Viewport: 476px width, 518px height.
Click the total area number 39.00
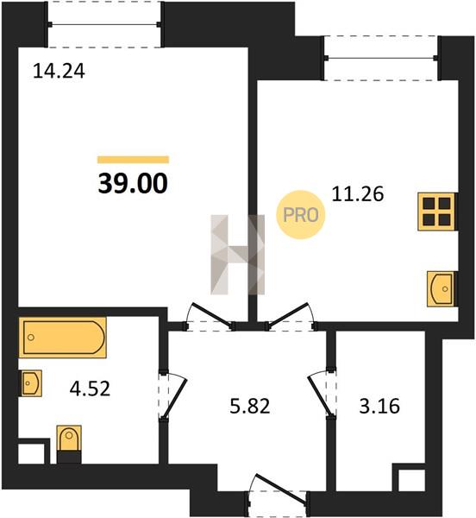pyautogui.click(x=133, y=183)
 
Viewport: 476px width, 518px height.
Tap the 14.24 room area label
pyautogui.click(x=59, y=71)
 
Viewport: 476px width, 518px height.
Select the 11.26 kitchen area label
pyautogui.click(x=358, y=194)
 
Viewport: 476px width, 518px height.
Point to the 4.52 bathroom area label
pyautogui.click(x=90, y=388)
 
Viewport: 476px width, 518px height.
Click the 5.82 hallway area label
pyautogui.click(x=250, y=406)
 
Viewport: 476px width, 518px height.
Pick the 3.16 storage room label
pyautogui.click(x=379, y=406)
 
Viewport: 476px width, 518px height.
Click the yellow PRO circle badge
pyautogui.click(x=300, y=215)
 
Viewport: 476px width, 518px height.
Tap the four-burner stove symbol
pyautogui.click(x=436, y=212)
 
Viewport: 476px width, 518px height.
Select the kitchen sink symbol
pyautogui.click(x=441, y=288)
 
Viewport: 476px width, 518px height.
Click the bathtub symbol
pyautogui.click(x=63, y=338)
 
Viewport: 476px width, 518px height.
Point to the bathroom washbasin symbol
pyautogui.click(x=30, y=383)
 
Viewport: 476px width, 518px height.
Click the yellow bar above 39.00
pyautogui.click(x=133, y=160)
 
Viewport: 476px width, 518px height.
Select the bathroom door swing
pyautogui.click(x=173, y=395)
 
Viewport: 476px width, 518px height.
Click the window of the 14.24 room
pyautogui.click(x=104, y=24)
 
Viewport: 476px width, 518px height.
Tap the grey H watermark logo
pyautogui.click(x=238, y=255)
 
